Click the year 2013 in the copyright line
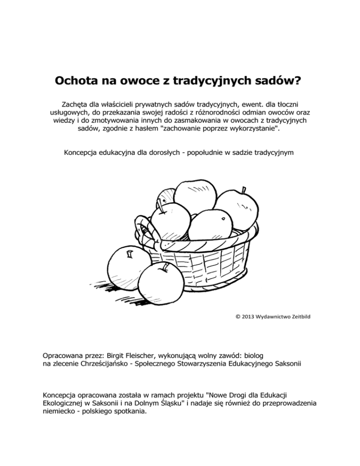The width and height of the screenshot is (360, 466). (248, 316)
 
